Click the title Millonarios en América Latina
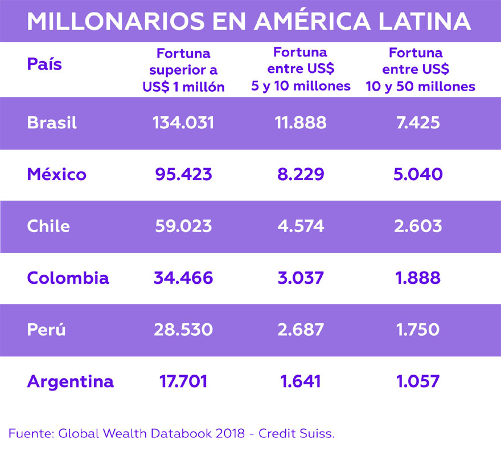pyautogui.click(x=249, y=21)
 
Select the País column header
pyautogui.click(x=44, y=63)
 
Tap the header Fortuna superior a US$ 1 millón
pyautogui.click(x=183, y=70)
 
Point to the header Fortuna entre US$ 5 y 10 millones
pyautogui.click(x=301, y=70)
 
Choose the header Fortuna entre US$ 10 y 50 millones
pyautogui.click(x=416, y=70)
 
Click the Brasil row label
pyautogui.click(x=52, y=123)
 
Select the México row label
pyautogui.click(x=56, y=174)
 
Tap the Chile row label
pyautogui.click(x=48, y=226)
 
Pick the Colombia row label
pyautogui.click(x=68, y=278)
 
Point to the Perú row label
pyautogui.click(x=46, y=330)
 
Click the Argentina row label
pyautogui.click(x=70, y=381)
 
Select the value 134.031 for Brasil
pyautogui.click(x=183, y=123)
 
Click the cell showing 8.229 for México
pyautogui.click(x=301, y=174)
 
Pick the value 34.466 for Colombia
pyautogui.click(x=183, y=278)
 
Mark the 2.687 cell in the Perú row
pyautogui.click(x=301, y=330)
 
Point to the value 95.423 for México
pyautogui.click(x=183, y=174)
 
